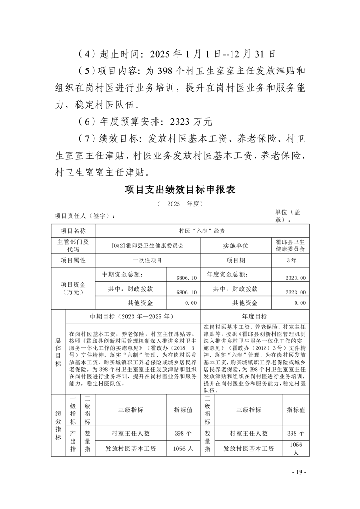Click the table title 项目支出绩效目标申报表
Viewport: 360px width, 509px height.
(x=180, y=190)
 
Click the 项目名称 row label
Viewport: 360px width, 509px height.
(x=73, y=230)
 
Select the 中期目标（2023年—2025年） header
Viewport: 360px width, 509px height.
(x=132, y=316)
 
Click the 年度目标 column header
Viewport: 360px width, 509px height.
(x=255, y=316)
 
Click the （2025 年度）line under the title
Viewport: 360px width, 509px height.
(x=179, y=204)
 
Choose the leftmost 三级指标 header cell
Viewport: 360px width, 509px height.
(x=131, y=410)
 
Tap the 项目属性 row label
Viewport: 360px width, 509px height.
(x=73, y=260)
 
